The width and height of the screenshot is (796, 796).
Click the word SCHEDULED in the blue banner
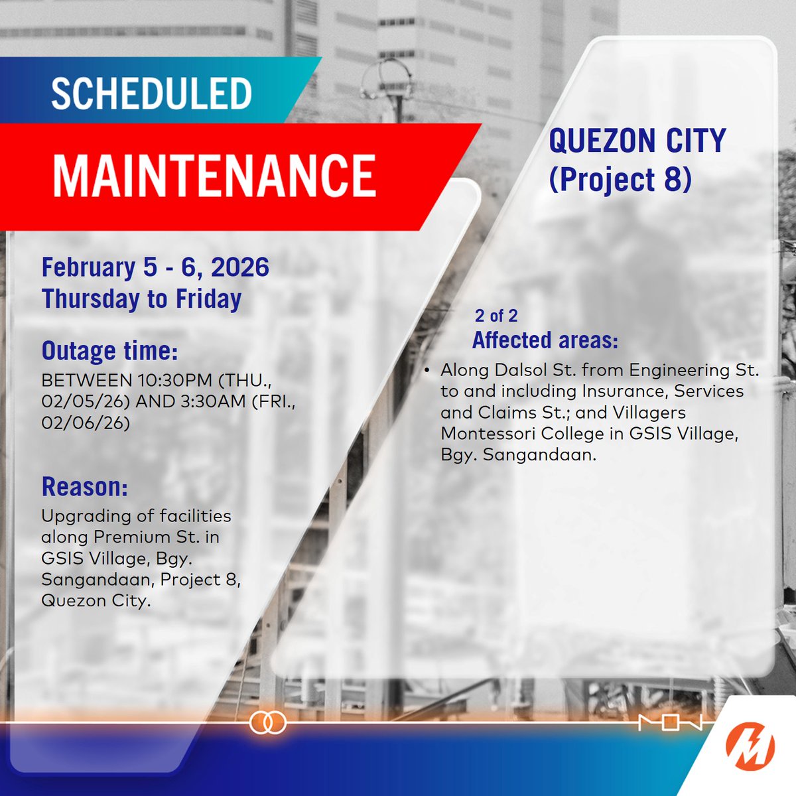[151, 94]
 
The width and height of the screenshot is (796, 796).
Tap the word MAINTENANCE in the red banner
[214, 176]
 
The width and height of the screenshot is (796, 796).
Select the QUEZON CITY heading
[637, 141]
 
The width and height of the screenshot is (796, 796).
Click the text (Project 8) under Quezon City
[620, 178]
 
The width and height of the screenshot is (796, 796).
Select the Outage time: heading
[109, 350]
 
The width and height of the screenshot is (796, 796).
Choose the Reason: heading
[84, 486]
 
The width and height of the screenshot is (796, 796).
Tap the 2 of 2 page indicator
[496, 315]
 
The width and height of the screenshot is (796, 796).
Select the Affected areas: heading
[545, 340]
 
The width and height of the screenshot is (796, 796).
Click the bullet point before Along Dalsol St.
[428, 369]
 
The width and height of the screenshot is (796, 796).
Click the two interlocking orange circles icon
[267, 722]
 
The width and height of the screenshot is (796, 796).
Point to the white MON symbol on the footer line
[670, 722]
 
